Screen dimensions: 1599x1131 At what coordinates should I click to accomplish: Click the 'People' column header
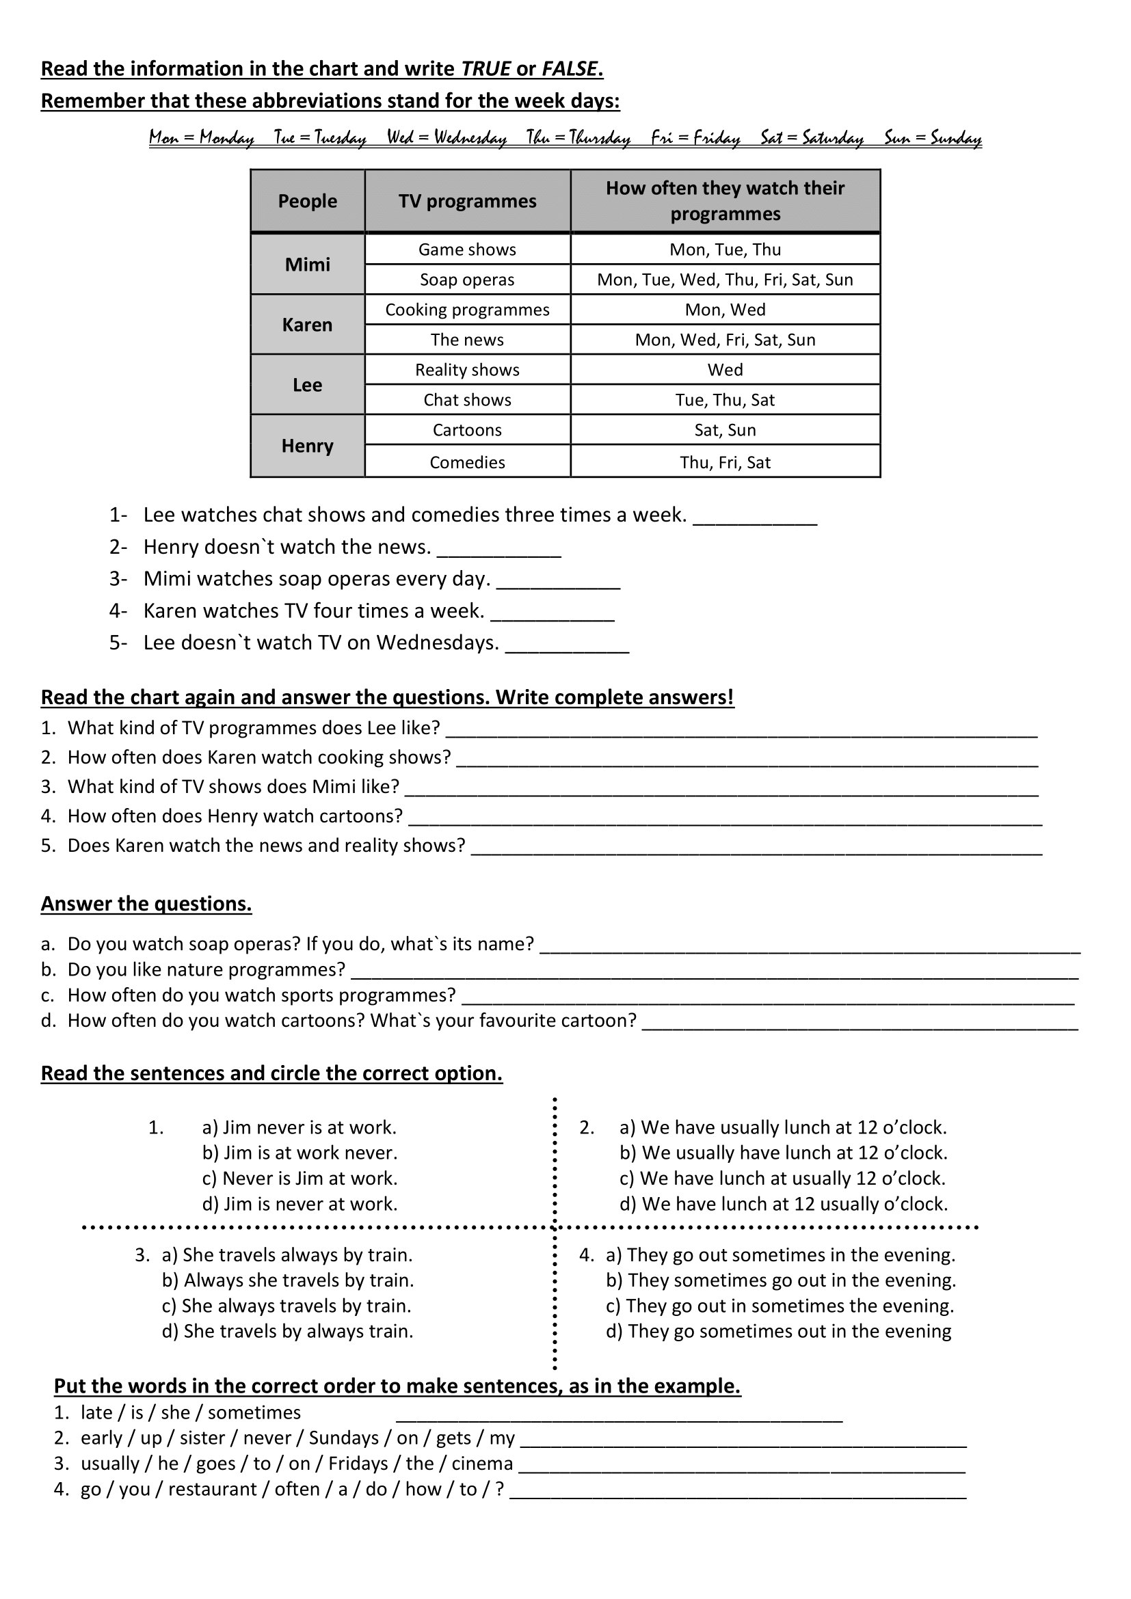point(307,201)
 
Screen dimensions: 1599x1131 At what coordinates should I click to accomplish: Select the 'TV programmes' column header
point(467,201)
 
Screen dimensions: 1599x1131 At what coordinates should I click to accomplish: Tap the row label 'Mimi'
point(307,265)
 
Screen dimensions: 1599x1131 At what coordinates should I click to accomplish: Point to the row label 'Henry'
point(307,446)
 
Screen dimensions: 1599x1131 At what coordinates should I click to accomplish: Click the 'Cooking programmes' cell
point(467,310)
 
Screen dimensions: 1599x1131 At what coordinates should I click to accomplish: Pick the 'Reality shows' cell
point(467,370)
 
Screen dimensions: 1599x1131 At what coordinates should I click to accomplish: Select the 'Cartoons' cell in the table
point(467,430)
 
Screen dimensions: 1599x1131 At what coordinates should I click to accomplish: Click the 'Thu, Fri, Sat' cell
point(725,462)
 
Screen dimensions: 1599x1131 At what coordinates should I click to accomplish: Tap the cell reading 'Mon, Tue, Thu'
point(725,250)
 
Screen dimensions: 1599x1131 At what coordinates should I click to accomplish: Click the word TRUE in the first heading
point(486,69)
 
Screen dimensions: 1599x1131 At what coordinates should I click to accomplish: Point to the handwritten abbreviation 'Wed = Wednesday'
point(447,137)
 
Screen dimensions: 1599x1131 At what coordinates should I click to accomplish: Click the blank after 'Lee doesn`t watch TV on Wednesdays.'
point(567,644)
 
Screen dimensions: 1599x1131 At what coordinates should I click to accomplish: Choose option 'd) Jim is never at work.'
point(300,1204)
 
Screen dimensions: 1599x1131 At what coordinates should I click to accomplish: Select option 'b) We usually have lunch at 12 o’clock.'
point(784,1153)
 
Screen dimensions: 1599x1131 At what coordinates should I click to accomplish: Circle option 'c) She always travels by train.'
point(287,1306)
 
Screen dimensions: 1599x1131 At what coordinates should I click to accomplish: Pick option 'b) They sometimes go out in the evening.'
point(781,1280)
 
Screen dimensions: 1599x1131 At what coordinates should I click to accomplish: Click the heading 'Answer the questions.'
point(146,904)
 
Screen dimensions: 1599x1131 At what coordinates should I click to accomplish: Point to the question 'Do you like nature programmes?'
point(206,969)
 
